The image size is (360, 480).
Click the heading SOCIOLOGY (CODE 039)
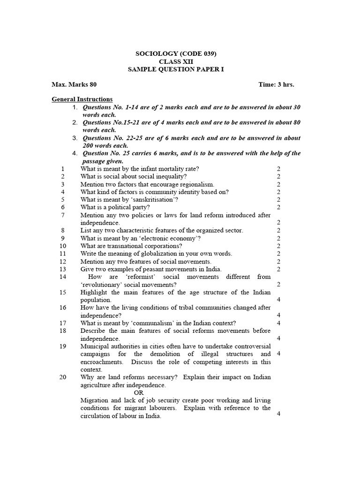pos(176,53)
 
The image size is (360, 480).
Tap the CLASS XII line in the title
pos(176,61)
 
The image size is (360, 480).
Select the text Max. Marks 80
pos(74,85)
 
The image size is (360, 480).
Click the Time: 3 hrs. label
pos(276,85)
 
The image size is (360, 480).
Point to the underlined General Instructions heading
pos(82,99)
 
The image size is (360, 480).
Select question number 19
pos(64,346)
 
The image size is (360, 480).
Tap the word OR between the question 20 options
pos(139,392)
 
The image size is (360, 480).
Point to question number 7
pos(63,215)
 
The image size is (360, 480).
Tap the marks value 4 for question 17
pos(278,323)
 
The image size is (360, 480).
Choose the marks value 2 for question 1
pos(278,169)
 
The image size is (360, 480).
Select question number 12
pos(64,261)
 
